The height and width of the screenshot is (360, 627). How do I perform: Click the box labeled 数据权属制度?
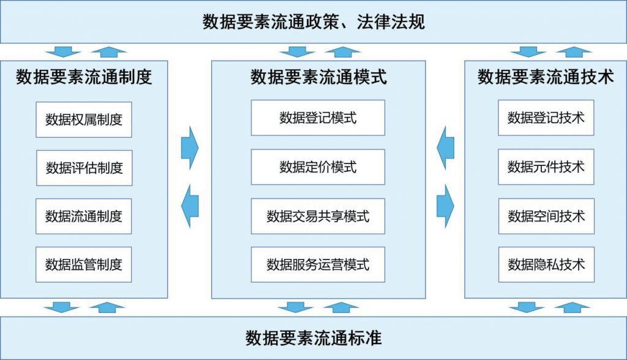[84, 119]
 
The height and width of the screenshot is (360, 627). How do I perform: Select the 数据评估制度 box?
[84, 167]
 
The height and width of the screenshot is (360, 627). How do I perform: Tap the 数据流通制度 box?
[84, 216]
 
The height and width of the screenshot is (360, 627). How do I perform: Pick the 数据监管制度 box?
[84, 264]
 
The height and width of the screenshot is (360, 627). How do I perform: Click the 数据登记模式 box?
[318, 118]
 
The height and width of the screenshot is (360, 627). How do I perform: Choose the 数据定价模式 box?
[318, 167]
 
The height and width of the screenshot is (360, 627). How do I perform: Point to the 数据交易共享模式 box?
[318, 216]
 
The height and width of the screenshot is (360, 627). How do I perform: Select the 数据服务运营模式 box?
[318, 264]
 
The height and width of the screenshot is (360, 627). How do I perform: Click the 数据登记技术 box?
[546, 118]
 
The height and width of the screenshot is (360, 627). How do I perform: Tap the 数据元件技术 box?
[546, 167]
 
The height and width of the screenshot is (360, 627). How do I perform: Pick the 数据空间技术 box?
[546, 216]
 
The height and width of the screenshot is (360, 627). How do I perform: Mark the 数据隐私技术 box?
[546, 264]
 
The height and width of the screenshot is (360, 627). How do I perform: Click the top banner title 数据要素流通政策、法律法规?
[313, 22]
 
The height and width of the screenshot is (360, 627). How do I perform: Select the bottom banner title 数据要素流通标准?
[313, 337]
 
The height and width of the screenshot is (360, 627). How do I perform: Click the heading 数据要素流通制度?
[84, 77]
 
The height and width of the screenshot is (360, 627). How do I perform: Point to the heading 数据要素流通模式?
[318, 77]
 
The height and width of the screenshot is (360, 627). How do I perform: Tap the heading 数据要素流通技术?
[546, 77]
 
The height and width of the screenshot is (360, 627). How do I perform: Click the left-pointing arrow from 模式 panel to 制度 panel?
[190, 203]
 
